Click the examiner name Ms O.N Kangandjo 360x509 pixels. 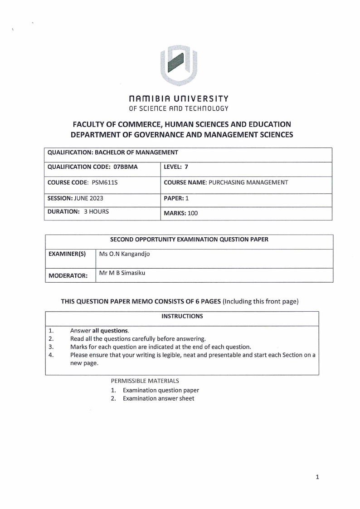124,254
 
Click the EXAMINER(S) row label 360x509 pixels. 67,254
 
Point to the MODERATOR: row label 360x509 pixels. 68,275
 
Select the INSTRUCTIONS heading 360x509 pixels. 182,316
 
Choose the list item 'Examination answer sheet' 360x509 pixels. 158,398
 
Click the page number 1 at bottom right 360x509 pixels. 317,477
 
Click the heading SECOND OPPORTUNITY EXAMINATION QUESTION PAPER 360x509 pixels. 189,240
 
